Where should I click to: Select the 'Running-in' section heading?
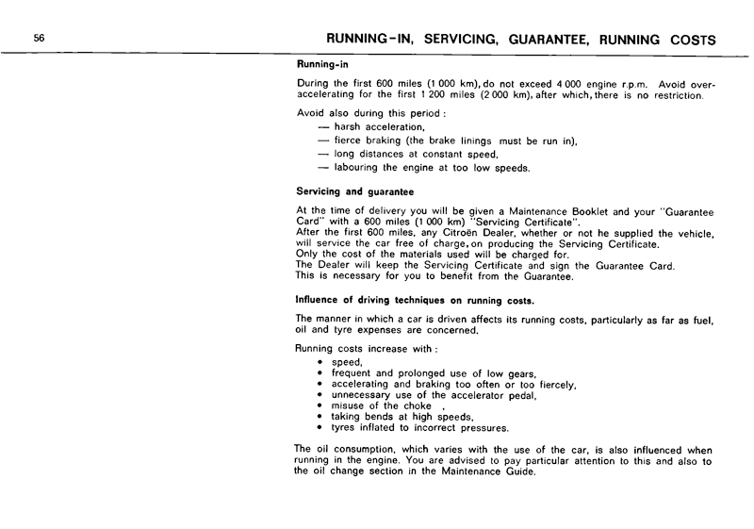(x=323, y=66)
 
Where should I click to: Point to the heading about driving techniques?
(x=415, y=300)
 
